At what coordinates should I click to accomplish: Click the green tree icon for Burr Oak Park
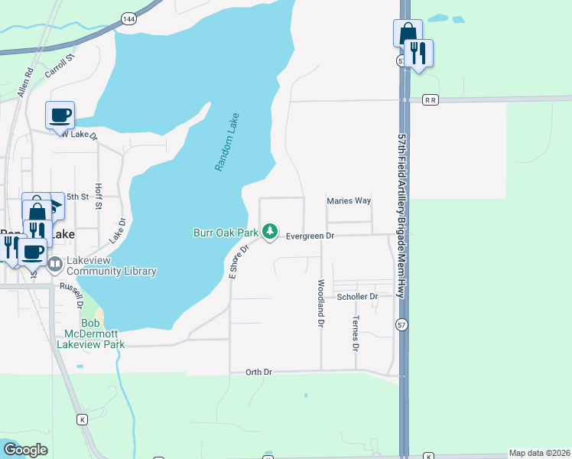click(x=269, y=230)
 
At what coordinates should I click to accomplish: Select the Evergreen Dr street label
click(x=310, y=236)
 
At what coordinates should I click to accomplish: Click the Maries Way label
click(x=349, y=201)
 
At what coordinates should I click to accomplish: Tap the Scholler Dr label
click(x=358, y=296)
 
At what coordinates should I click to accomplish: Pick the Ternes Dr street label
click(x=356, y=334)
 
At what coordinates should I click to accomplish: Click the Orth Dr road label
click(x=258, y=372)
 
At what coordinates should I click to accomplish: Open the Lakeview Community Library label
click(x=112, y=265)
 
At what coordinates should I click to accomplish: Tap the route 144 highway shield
click(x=128, y=17)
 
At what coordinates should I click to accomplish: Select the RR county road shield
click(x=432, y=99)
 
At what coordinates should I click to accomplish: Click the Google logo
click(x=25, y=450)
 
